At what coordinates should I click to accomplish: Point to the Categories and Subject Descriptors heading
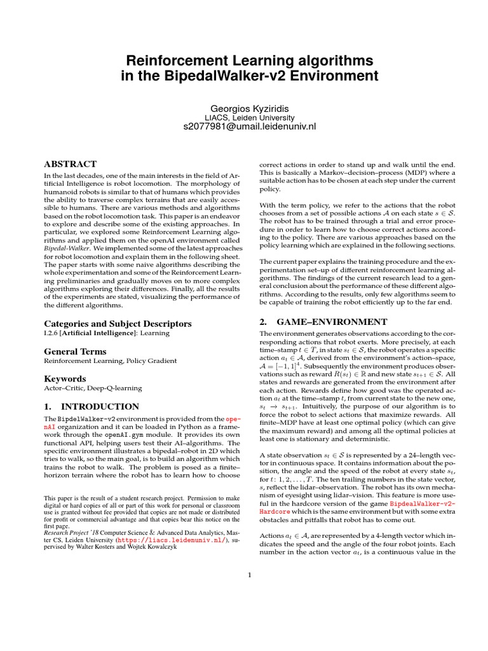click(117, 324)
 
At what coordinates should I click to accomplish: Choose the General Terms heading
click(75, 352)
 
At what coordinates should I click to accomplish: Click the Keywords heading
click(64, 379)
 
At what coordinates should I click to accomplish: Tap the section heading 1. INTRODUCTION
click(91, 406)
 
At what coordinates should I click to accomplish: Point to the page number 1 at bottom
click(250, 576)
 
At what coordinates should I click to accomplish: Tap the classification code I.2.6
click(51, 333)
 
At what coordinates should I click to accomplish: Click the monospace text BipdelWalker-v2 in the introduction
click(87, 420)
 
